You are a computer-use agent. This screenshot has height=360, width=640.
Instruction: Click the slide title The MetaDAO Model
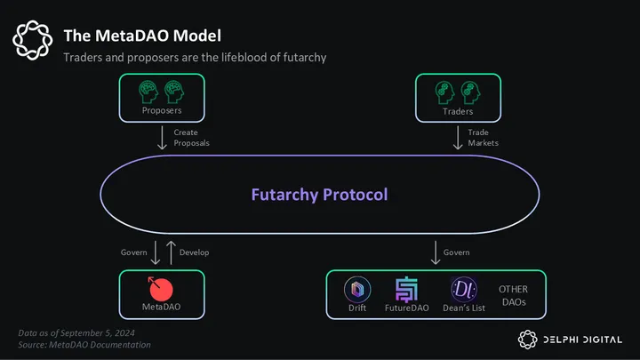point(142,36)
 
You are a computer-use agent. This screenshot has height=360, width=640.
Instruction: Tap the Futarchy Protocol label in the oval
point(319,194)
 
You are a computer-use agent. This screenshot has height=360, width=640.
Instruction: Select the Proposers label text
point(162,112)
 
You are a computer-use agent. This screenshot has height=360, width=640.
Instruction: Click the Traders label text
point(458,112)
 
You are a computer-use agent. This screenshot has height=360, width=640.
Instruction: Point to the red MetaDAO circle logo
point(162,288)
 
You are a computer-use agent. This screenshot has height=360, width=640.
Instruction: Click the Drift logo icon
point(356,289)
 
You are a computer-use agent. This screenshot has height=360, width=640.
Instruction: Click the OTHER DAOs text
point(514,295)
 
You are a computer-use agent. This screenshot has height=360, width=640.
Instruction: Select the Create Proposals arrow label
point(192,138)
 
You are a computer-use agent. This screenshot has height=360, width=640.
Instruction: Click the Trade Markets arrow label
point(484,138)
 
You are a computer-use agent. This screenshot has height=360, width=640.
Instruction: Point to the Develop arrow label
point(194,252)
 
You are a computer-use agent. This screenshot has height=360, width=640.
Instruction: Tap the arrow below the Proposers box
point(162,137)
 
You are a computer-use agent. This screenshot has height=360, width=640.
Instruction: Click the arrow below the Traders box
point(458,137)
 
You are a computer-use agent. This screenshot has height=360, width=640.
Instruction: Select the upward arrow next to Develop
point(172,252)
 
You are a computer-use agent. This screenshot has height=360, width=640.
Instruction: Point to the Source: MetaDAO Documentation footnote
point(84,344)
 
